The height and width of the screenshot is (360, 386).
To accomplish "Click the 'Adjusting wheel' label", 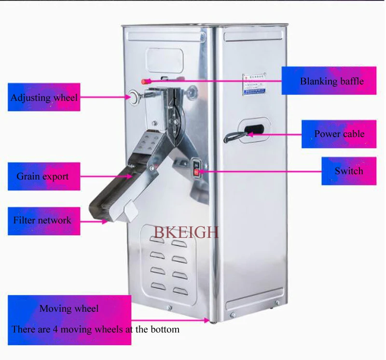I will [x=44, y=97].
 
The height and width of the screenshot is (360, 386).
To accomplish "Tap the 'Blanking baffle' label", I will [x=331, y=81].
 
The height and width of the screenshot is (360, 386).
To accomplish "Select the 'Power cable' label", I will [x=339, y=134].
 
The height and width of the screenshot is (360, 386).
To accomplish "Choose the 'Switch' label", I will [x=349, y=171].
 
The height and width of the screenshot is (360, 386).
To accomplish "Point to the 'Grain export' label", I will [x=42, y=176].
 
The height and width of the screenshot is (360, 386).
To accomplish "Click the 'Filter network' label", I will [x=42, y=220].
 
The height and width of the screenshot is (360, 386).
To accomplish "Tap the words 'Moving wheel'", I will [x=69, y=308].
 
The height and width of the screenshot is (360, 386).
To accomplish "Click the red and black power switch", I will [x=196, y=166].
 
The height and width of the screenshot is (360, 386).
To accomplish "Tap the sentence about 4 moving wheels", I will [x=96, y=330].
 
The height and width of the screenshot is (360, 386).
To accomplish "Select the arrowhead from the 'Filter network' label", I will [x=107, y=222].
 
